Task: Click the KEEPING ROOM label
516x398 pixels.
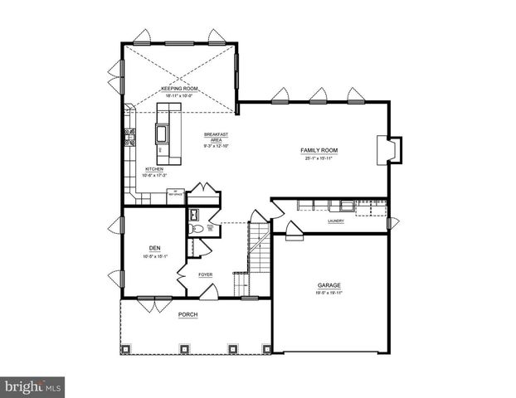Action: (x=179, y=88)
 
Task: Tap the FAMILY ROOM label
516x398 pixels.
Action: (x=319, y=150)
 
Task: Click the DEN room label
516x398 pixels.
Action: (x=154, y=248)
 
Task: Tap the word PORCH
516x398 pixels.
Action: (x=188, y=315)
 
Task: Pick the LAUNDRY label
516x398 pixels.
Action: (x=336, y=221)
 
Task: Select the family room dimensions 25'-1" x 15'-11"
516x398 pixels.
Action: (x=319, y=158)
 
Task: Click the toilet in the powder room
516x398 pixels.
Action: (x=197, y=228)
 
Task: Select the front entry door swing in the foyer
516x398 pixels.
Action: (x=211, y=292)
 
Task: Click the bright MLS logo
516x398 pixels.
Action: (x=33, y=386)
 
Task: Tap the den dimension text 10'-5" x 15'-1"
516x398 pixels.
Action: (x=154, y=256)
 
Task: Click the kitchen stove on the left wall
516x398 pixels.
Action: (x=129, y=137)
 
